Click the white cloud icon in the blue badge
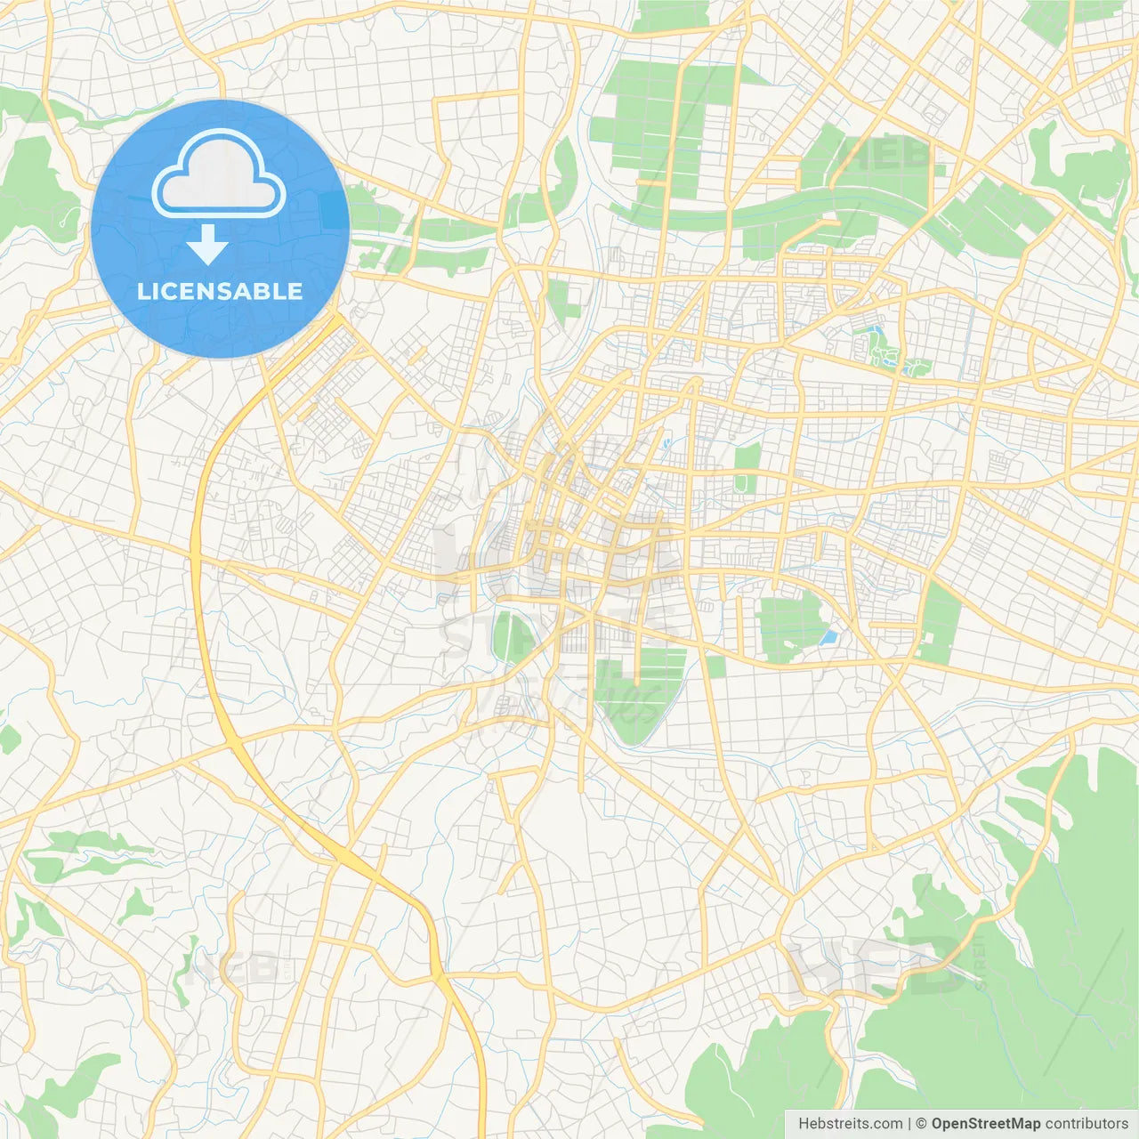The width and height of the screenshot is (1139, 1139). (x=218, y=173)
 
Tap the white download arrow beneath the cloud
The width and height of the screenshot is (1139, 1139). (x=207, y=245)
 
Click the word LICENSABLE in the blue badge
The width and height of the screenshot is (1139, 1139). (x=220, y=291)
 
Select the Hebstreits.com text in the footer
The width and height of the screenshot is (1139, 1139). (x=850, y=1124)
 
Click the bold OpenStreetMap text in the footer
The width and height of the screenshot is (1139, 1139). (x=985, y=1124)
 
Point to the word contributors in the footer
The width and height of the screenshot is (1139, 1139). (x=1086, y=1124)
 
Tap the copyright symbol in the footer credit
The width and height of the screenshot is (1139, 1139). (x=921, y=1124)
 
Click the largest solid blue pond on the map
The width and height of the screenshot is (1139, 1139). (x=828, y=637)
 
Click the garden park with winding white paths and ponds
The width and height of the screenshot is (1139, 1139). (x=885, y=350)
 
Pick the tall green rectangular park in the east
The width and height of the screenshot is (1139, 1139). (x=940, y=623)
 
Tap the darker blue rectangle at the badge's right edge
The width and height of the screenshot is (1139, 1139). (x=335, y=211)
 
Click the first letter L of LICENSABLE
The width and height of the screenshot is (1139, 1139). (x=142, y=291)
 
